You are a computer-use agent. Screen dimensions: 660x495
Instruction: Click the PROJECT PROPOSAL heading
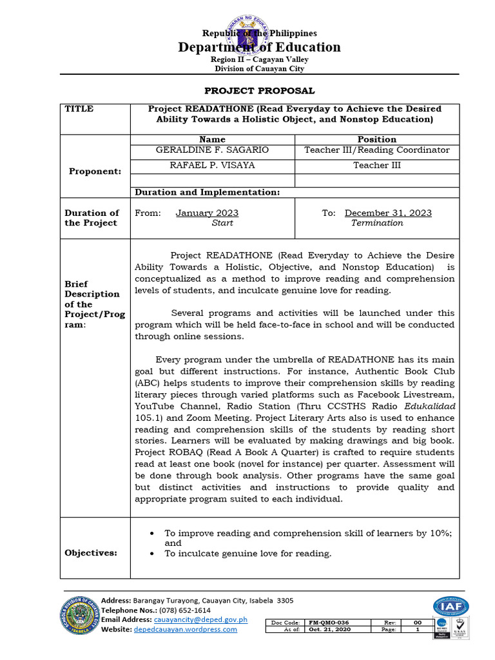click(x=259, y=91)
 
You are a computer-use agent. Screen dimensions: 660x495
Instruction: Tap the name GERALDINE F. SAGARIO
click(x=212, y=150)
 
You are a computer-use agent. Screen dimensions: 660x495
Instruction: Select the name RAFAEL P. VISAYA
click(x=212, y=166)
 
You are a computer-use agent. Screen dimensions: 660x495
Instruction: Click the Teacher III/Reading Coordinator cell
click(x=376, y=150)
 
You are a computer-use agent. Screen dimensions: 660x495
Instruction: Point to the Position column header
click(x=376, y=139)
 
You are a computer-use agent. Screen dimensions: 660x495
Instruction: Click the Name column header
click(x=212, y=139)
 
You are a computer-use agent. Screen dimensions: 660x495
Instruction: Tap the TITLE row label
click(x=79, y=109)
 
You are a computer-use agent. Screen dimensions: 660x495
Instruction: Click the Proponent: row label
click(x=95, y=171)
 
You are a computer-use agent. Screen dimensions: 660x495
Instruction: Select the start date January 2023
click(x=207, y=213)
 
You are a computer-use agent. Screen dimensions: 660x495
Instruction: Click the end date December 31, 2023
click(x=388, y=213)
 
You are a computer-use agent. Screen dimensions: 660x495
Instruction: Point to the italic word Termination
click(x=377, y=223)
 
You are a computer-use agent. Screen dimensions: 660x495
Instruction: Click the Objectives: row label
click(x=91, y=553)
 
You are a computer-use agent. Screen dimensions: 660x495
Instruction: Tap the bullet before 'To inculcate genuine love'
click(x=151, y=554)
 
